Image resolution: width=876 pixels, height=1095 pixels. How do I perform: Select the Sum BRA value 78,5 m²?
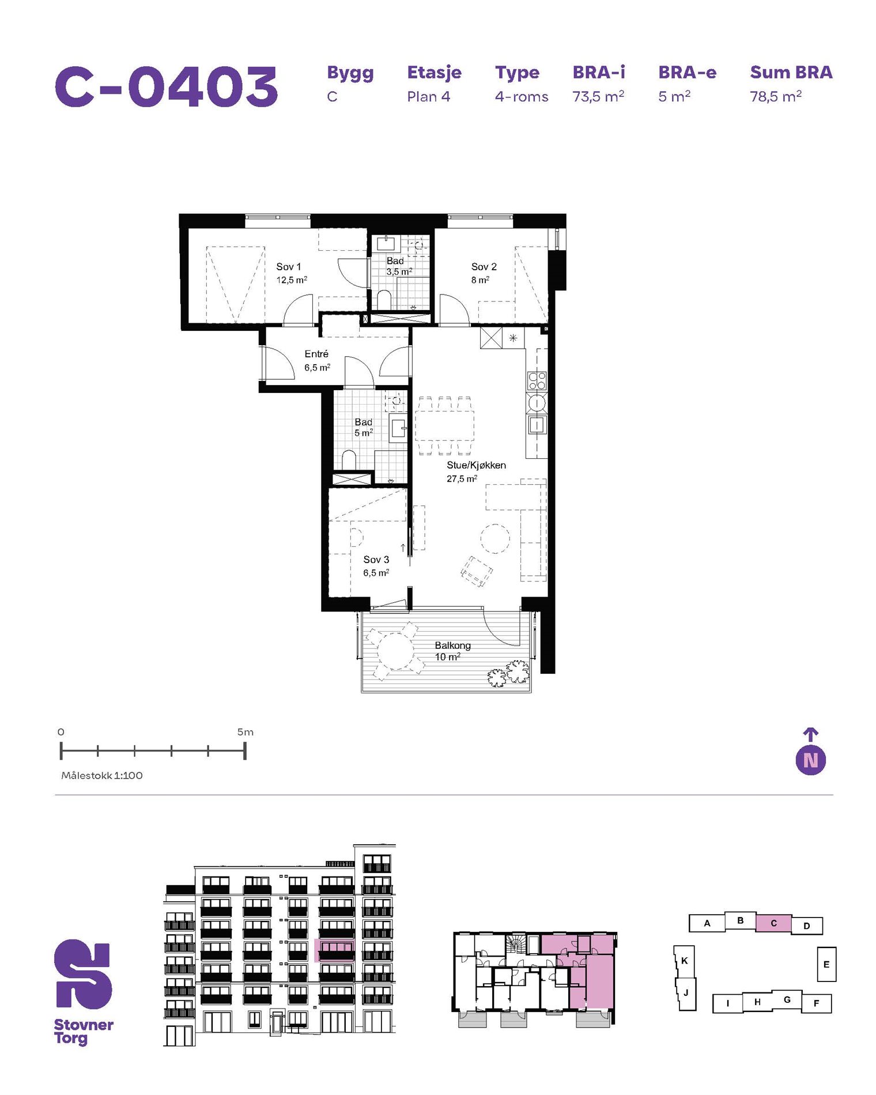tap(775, 96)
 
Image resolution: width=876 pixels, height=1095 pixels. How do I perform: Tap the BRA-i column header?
tap(598, 73)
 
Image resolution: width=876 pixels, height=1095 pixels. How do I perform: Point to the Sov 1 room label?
tap(288, 267)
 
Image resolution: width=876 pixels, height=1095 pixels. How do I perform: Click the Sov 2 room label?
tap(484, 267)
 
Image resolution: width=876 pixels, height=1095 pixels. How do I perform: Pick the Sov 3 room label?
tap(376, 560)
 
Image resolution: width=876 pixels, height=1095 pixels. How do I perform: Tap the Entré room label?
tap(316, 354)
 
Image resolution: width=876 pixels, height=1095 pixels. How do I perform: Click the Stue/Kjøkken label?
tap(476, 465)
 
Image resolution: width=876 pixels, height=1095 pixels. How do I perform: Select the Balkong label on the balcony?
tap(452, 645)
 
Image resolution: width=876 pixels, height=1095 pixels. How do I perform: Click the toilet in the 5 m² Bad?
tap(349, 460)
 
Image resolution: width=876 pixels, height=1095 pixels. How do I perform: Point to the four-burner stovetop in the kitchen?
tap(537, 380)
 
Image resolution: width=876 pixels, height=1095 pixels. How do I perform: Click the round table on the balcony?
tap(395, 651)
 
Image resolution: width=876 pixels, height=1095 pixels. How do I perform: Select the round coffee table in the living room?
tap(495, 539)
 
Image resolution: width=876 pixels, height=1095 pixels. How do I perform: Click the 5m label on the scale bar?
tap(245, 732)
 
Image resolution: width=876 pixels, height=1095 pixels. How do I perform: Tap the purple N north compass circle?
tap(810, 760)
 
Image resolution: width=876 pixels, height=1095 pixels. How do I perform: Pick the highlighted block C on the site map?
tap(773, 923)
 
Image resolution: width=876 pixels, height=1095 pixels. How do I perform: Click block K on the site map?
tap(684, 961)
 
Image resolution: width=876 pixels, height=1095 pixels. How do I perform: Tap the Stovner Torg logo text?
tap(83, 1032)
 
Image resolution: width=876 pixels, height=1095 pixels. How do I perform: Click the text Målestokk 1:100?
tap(102, 776)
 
